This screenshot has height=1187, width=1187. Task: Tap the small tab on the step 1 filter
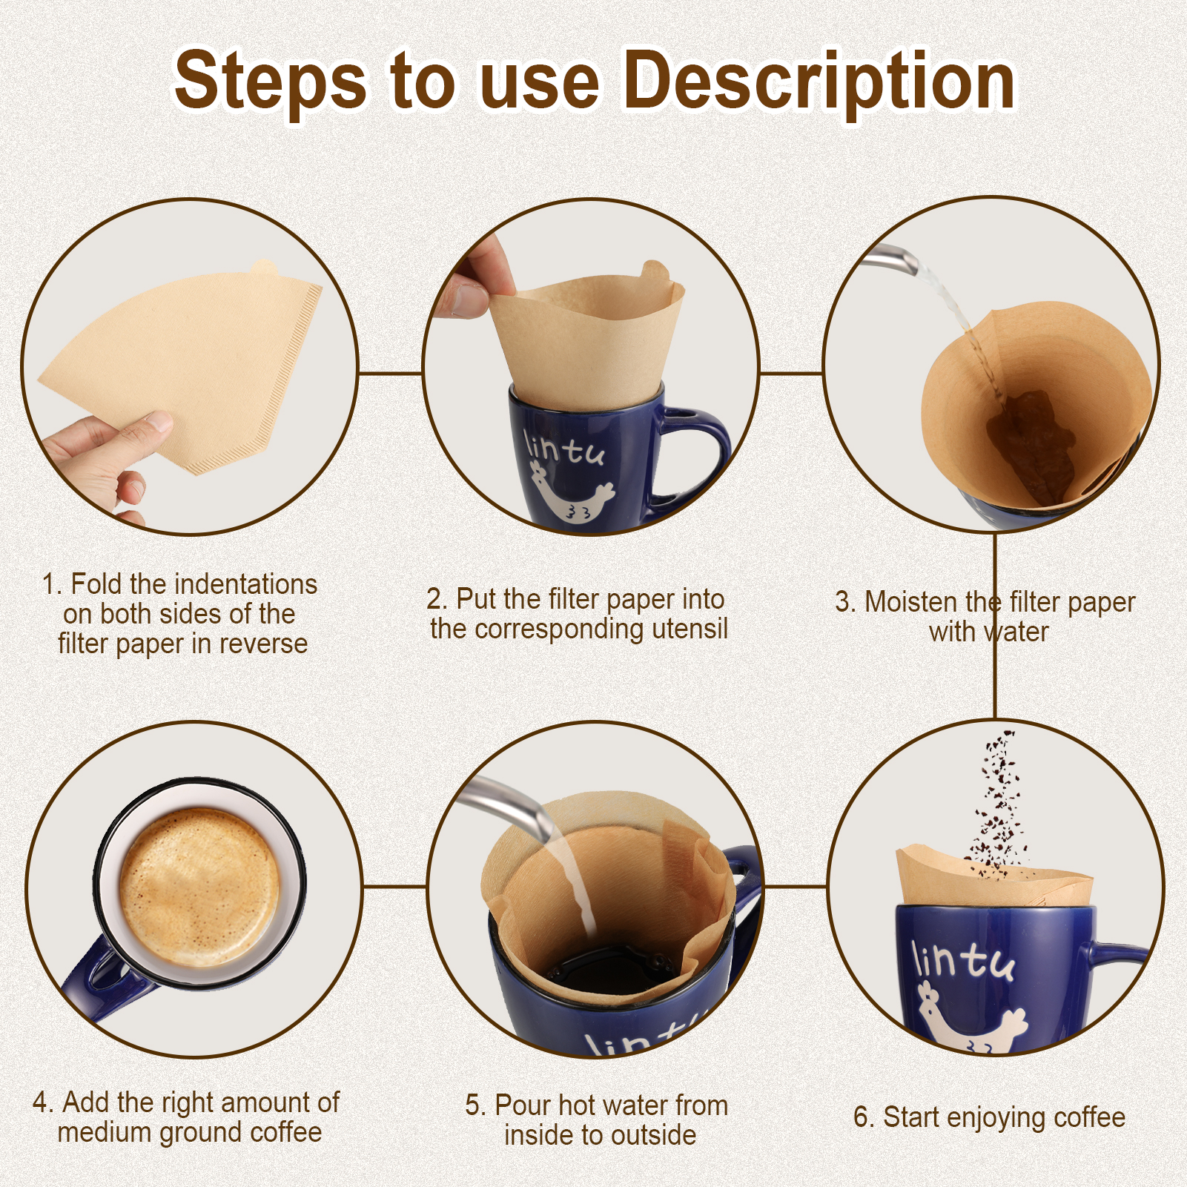tap(263, 267)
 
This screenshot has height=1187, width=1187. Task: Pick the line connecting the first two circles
tap(391, 373)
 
